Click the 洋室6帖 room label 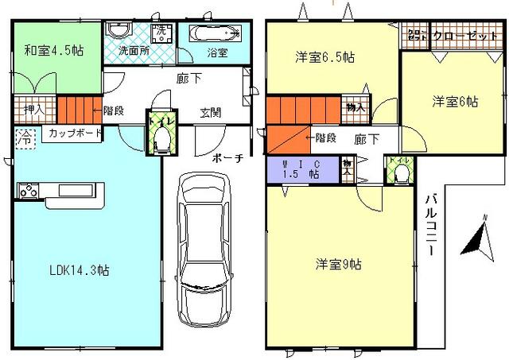[455, 102]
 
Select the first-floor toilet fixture [160, 139]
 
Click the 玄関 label [211, 112]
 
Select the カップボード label [75, 133]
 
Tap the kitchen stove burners [28, 191]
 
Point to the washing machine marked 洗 [161, 32]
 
